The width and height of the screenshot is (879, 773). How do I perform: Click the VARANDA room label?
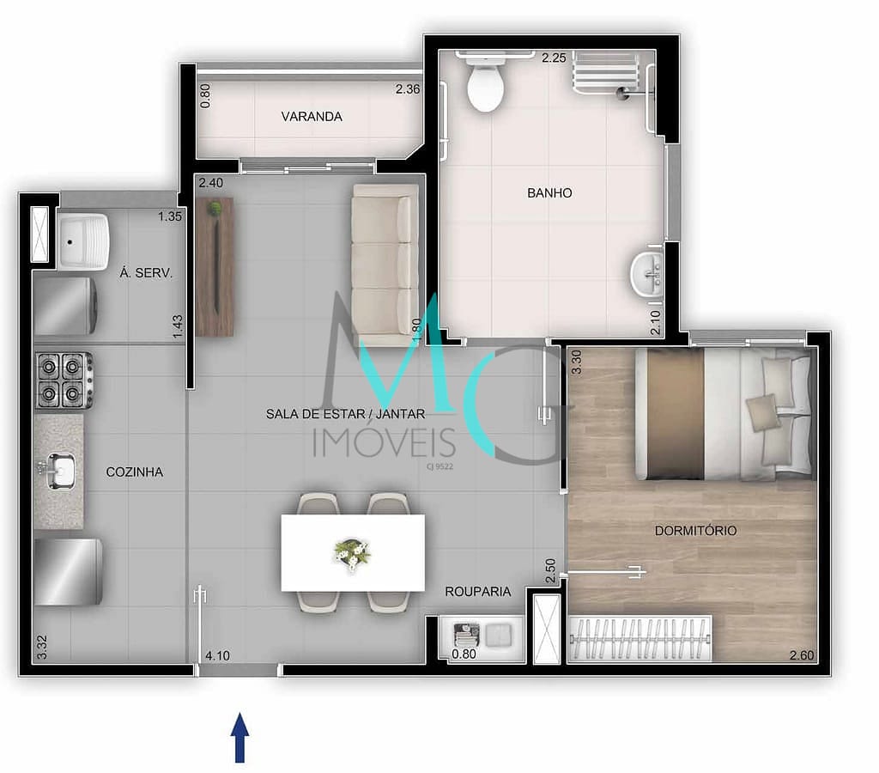click(312, 117)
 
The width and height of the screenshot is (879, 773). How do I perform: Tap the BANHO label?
click(549, 193)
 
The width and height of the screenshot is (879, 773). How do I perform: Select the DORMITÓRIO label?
click(695, 531)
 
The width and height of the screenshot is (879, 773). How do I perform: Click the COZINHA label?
click(135, 472)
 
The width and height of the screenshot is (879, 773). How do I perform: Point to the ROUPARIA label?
click(477, 591)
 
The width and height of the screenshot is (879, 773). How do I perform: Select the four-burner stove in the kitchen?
click(64, 380)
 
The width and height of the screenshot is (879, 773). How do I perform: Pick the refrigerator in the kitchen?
click(68, 572)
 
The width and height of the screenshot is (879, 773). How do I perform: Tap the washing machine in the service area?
click(65, 307)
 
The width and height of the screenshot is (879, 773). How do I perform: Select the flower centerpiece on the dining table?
click(352, 552)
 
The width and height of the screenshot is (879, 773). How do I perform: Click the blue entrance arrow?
click(240, 737)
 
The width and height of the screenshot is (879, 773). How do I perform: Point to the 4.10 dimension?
click(217, 655)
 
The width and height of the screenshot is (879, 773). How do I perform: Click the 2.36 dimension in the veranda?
click(408, 89)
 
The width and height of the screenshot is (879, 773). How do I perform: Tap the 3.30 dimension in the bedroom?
click(576, 362)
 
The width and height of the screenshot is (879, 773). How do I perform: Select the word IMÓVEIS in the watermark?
click(384, 442)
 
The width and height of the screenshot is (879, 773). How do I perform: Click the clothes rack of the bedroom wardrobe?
click(640, 638)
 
